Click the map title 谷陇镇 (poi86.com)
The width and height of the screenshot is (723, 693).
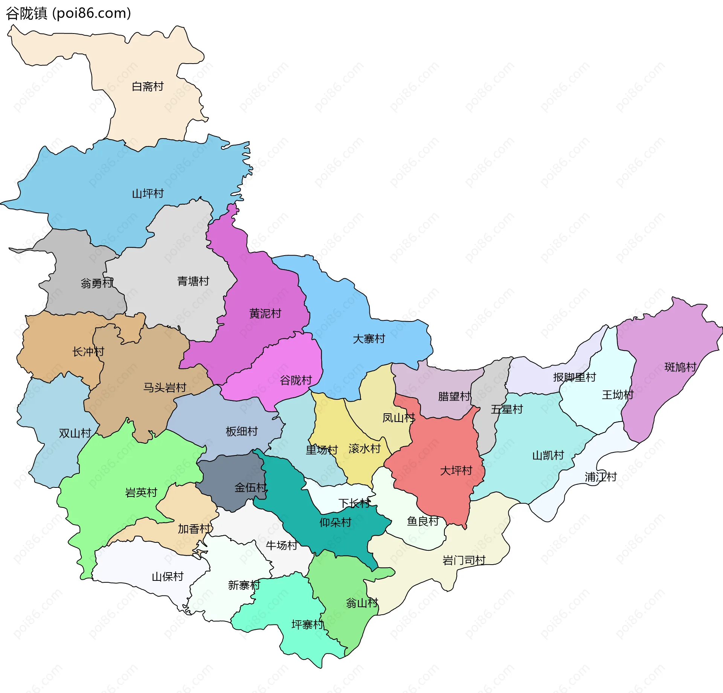[x=69, y=13]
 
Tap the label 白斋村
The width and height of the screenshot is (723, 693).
[x=148, y=87]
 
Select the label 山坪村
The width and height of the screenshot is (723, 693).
[x=148, y=193]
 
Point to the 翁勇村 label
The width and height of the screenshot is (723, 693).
[x=97, y=283]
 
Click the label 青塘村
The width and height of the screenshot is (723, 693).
[x=193, y=281]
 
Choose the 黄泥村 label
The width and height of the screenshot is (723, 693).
[x=265, y=313]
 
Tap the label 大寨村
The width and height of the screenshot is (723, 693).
[x=369, y=339]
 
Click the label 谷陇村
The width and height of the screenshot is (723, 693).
[x=296, y=380]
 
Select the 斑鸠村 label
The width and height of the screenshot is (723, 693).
[x=680, y=367]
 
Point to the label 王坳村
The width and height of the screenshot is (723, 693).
[x=618, y=395]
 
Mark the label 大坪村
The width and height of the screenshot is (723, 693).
[x=456, y=471]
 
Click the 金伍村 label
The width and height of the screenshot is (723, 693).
[x=250, y=488]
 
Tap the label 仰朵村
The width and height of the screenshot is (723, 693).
[x=335, y=522]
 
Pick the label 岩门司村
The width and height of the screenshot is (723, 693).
[x=464, y=560]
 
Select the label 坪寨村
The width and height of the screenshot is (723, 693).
[x=307, y=625]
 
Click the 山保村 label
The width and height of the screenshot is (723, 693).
[x=167, y=577]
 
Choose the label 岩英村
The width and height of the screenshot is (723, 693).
[x=141, y=492]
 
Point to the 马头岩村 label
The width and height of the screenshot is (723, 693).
[x=165, y=387]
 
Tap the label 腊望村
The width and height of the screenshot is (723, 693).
[x=454, y=396]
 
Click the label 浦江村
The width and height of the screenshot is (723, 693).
[x=600, y=477]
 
